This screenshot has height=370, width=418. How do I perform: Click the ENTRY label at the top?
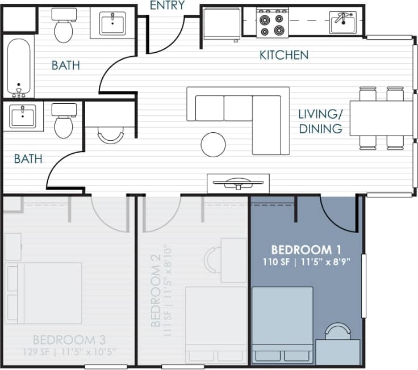coord(167,6)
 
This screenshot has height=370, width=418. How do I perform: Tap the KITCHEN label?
coord(284,55)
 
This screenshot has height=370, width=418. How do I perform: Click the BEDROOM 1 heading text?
coord(309,250)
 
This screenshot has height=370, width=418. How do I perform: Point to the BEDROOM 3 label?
coord(69,340)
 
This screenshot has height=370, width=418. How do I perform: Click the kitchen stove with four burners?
coord(271,23)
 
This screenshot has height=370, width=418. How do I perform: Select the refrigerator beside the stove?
coord(222,23)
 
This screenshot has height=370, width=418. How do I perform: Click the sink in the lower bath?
coord(23,116)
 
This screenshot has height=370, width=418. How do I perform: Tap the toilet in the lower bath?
coord(63,121)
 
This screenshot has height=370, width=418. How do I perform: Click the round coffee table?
coord(213,144)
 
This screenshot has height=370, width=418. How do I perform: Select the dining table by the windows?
coord(381,118)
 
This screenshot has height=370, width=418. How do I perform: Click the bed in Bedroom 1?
coord(282,323)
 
